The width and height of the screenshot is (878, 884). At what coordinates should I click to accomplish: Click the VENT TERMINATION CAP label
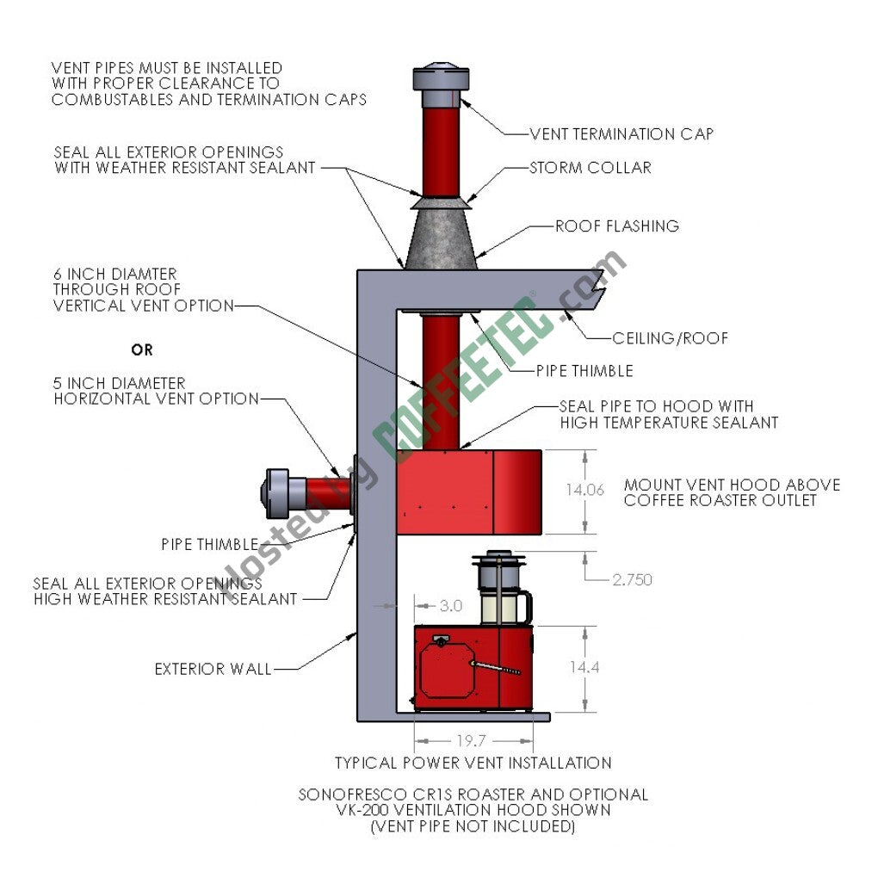pos(621,133)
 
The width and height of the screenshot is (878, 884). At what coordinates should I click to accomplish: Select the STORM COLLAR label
pos(590,167)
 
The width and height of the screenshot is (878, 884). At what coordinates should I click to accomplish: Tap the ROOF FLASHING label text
pos(616,226)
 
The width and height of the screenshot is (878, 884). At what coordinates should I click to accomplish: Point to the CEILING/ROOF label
pos(670,338)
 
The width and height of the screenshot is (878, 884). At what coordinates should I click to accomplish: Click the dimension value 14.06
pos(585,490)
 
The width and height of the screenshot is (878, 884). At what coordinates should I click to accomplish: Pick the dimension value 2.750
pos(632,580)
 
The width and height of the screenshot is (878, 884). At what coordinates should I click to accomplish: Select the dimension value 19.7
pos(471,740)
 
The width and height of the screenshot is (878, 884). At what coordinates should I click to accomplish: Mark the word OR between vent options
pos(142,350)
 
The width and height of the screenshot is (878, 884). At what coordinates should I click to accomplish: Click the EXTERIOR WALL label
pos(213,669)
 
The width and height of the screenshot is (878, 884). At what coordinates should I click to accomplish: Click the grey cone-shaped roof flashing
pos(442,238)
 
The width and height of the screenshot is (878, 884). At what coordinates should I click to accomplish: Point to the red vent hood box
pos(469,491)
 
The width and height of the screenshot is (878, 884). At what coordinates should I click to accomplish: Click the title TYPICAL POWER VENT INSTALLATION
pos(473,763)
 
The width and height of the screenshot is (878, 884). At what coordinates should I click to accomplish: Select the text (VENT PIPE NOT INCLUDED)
pos(473,826)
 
